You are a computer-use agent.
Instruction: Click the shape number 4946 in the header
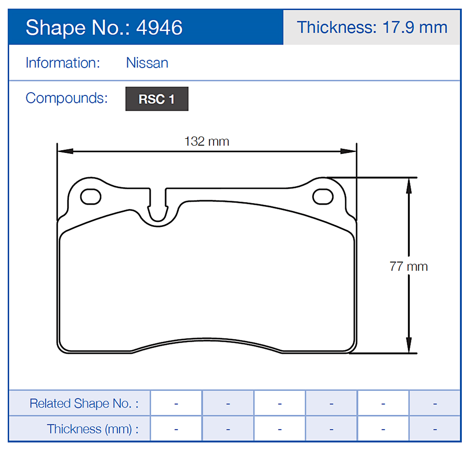click(x=159, y=28)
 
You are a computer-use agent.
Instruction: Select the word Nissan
click(x=147, y=62)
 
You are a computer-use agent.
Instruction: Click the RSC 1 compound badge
click(x=157, y=99)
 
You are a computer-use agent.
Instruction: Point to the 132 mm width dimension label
click(x=207, y=141)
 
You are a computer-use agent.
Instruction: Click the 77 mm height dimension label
click(x=408, y=266)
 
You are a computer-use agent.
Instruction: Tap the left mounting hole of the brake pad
click(x=90, y=197)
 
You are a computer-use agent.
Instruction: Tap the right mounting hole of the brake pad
click(x=323, y=197)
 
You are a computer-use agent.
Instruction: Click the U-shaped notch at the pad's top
click(x=158, y=209)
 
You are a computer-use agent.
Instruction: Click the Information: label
click(x=62, y=62)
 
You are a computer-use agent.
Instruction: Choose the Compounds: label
click(x=67, y=98)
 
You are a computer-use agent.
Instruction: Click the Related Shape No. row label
click(x=84, y=403)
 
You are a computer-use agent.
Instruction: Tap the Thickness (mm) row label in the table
click(x=92, y=429)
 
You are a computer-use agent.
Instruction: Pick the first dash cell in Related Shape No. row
click(x=176, y=403)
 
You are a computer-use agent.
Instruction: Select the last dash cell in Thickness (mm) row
click(x=434, y=429)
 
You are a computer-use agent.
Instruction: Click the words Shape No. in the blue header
click(x=78, y=28)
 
